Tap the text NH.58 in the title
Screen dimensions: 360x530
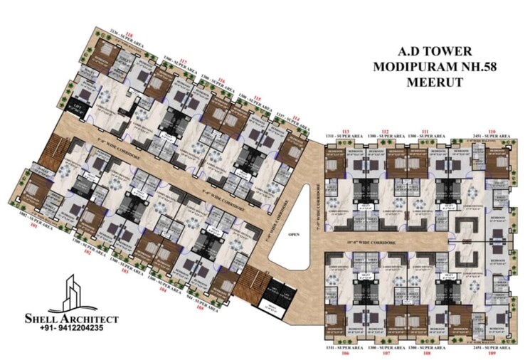[471, 66]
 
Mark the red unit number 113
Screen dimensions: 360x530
[346, 131]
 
